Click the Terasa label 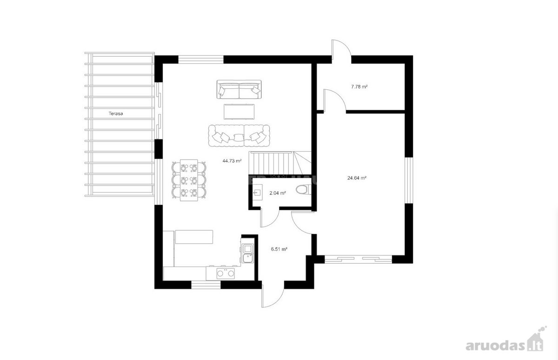point(116,113)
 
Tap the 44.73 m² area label point(232,161)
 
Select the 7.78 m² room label point(359,87)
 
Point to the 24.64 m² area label point(357,178)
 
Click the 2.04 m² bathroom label point(278,193)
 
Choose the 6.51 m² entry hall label point(279,249)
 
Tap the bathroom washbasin point(257,192)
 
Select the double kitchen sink point(247,253)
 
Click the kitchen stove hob point(226,273)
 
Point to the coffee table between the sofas point(239,112)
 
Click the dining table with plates point(189,180)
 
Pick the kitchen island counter point(194,237)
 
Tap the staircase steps point(280,163)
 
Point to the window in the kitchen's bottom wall point(206,285)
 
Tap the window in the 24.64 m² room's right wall point(409,180)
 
